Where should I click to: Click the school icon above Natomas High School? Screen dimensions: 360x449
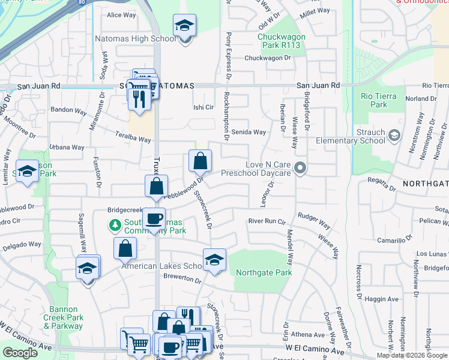point(184,26)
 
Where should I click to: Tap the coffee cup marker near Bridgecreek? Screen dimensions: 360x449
point(154,218)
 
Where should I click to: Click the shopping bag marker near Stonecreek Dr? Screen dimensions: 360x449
point(200,161)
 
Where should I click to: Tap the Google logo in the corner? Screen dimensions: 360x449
point(20,352)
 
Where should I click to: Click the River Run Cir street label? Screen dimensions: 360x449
point(267,221)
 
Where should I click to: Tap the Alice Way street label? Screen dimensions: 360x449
point(121,15)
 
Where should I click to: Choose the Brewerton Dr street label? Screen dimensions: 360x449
point(181,279)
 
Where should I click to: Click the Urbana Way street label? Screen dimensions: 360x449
point(67,147)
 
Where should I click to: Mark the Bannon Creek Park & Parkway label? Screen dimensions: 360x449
point(63,318)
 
